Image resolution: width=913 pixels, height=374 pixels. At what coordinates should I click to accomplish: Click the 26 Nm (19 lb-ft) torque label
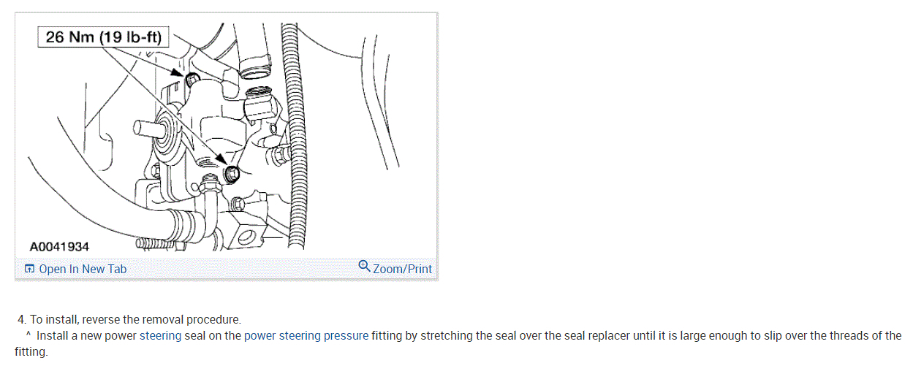tap(103, 37)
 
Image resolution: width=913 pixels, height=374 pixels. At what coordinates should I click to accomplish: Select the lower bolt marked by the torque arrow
tap(232, 174)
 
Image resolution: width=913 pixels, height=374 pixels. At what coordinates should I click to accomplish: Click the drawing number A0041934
tap(59, 247)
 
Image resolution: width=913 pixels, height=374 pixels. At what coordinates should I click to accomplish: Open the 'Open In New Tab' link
tap(82, 269)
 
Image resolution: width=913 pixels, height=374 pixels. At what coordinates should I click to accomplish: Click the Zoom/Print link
tap(402, 269)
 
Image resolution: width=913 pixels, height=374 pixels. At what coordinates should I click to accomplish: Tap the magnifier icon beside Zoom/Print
tap(364, 266)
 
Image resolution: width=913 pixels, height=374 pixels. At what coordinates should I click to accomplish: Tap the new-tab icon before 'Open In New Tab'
tap(29, 269)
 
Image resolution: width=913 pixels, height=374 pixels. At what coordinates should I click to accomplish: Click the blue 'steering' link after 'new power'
tap(160, 336)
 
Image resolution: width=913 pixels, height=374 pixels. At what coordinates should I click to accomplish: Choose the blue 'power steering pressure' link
tap(306, 336)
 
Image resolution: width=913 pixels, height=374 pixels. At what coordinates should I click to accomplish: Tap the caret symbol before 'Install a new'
tap(28, 335)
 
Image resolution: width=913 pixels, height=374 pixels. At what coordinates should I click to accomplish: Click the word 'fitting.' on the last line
tap(31, 352)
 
